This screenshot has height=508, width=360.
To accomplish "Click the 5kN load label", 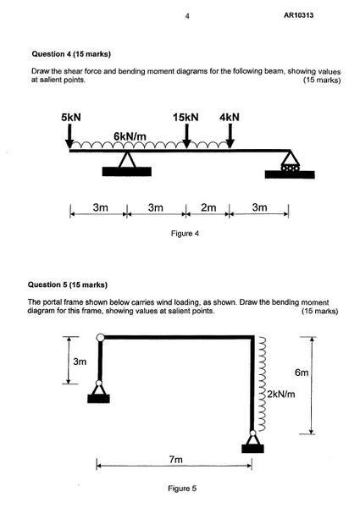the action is click(71, 118).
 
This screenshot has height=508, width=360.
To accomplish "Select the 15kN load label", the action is click(186, 118).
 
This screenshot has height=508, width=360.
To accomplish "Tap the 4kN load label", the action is click(230, 118).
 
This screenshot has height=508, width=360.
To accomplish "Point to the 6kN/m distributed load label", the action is click(130, 136).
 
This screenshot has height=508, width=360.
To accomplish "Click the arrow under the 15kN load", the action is click(186, 136).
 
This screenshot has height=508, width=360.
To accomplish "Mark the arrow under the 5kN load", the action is click(69, 136).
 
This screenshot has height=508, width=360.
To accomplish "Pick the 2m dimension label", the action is click(208, 207).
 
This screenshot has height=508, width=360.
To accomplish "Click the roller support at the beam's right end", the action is click(290, 164).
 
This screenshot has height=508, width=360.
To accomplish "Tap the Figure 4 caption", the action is click(185, 234).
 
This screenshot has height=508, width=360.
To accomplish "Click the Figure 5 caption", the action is click(182, 489).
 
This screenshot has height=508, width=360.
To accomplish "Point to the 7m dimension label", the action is click(175, 460).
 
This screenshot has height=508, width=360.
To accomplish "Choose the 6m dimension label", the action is click(302, 373).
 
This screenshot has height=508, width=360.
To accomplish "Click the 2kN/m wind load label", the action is click(281, 395).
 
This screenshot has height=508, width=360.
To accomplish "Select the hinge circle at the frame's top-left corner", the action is click(101, 338).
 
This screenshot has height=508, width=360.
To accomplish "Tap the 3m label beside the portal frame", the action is click(80, 362).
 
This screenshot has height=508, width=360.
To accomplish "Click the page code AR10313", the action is click(298, 15).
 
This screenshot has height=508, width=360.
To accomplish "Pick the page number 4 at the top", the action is click(187, 16).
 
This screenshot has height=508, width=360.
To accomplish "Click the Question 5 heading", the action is click(68, 284).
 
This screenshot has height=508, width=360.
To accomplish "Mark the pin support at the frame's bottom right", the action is click(252, 442).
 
